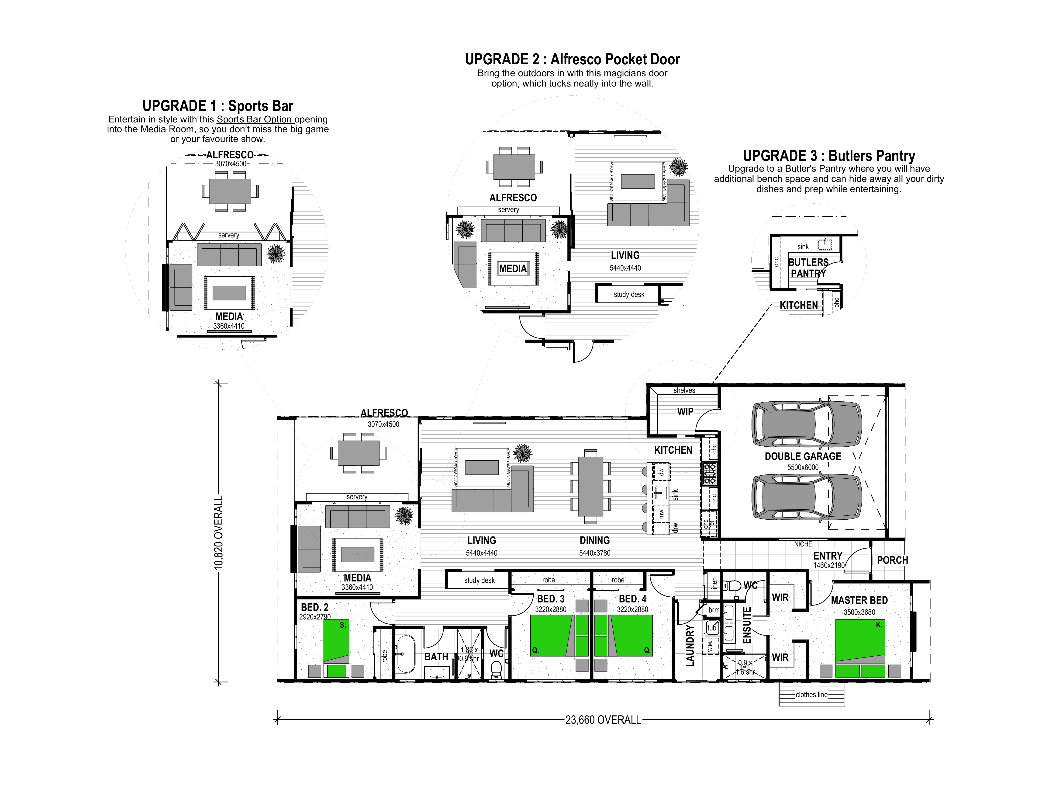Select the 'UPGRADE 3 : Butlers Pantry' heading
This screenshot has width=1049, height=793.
828,156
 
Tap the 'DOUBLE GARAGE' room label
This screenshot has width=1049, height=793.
803,456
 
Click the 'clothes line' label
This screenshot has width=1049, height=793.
811,694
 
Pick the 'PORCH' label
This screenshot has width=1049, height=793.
892,560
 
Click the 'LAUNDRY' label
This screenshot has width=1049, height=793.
690,645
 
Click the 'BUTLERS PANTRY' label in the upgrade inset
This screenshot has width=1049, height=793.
808,268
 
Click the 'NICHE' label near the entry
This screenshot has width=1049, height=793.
803,544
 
